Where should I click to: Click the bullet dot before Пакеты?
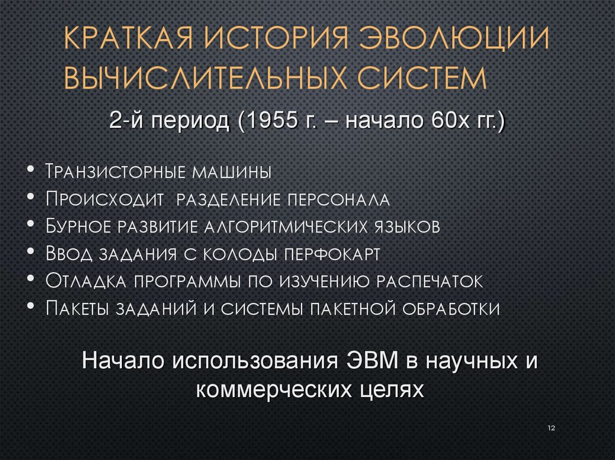(31, 306)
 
